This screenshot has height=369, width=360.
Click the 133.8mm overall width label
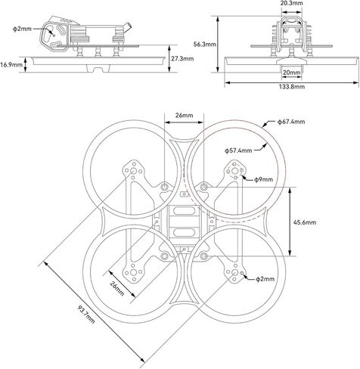(292, 87)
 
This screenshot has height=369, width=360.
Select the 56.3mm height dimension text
(204, 45)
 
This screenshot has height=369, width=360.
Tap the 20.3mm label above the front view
(292, 3)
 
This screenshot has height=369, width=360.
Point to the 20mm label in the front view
(291, 73)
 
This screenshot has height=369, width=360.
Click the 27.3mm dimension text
(182, 58)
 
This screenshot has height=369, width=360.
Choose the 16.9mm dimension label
(11, 65)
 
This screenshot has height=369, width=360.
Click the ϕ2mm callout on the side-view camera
(22, 29)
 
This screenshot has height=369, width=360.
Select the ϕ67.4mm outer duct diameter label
(291, 122)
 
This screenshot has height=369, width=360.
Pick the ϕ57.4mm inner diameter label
(238, 150)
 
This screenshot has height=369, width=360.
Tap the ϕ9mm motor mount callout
(263, 179)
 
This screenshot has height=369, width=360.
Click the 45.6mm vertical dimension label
(305, 222)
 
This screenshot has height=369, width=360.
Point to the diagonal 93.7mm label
(86, 315)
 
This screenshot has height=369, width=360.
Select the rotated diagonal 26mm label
(117, 288)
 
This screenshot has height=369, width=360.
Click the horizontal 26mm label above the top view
(184, 116)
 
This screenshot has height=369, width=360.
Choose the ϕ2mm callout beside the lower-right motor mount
(265, 279)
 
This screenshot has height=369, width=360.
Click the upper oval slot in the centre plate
(184, 211)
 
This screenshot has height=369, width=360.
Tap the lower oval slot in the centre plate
(184, 232)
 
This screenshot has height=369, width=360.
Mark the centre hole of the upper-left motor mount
(133, 172)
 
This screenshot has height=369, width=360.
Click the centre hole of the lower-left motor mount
(133, 272)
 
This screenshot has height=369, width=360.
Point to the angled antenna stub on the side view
(128, 27)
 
